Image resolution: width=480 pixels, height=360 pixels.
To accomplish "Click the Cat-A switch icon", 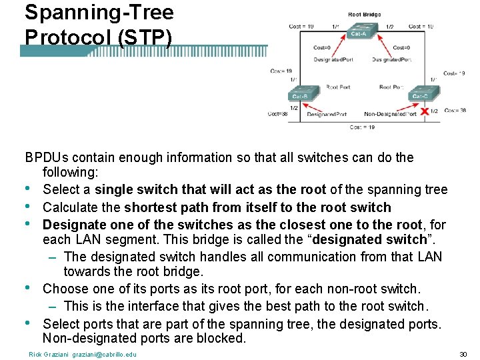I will (360, 31).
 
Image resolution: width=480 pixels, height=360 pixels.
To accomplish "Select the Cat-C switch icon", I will (420, 94).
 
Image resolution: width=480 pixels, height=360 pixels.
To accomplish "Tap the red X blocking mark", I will (424, 111).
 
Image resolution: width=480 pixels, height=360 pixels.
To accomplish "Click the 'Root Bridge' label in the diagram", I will (364, 14).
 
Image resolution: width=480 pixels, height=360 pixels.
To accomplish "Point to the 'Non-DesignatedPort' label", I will (391, 114).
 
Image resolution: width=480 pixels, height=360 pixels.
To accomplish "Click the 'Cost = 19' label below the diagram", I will (362, 127).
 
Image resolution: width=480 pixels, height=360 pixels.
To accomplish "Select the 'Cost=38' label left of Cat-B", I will (277, 113).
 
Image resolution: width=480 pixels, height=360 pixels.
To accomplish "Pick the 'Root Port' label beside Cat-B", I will (338, 87).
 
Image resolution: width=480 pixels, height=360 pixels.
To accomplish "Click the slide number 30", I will (463, 354).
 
